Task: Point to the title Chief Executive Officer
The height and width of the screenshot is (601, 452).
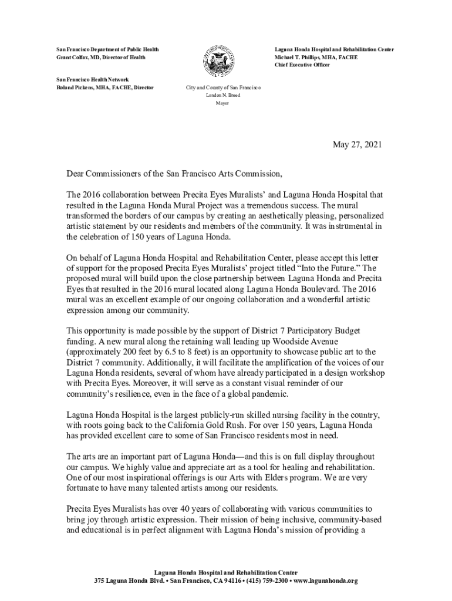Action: tap(302, 65)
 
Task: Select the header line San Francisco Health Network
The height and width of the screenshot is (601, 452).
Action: tap(92, 79)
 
